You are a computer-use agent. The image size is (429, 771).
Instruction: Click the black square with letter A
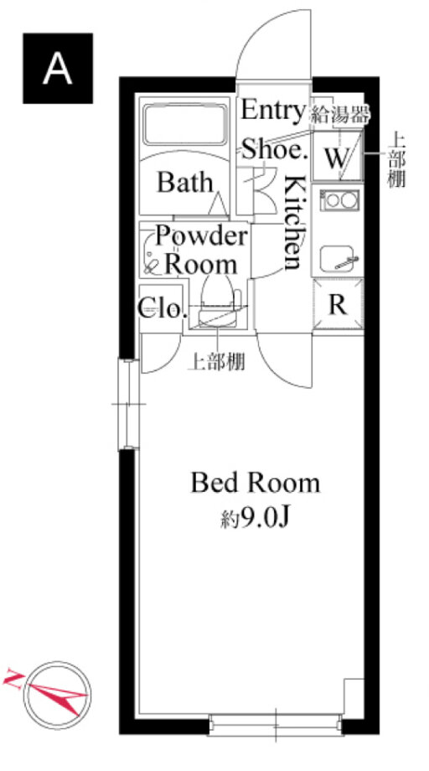[x=58, y=69]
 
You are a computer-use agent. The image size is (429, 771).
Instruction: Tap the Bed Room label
[x=255, y=483]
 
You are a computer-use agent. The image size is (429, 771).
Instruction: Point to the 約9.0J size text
[x=254, y=518]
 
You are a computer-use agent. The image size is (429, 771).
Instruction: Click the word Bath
[x=185, y=183]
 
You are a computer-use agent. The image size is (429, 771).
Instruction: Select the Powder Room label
[x=201, y=251]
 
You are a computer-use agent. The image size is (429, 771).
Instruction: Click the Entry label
[x=272, y=110]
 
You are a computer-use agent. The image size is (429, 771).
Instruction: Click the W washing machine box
[x=339, y=155]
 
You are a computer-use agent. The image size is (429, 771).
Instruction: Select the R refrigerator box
[x=339, y=304]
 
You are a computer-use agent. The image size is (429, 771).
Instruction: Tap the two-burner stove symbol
[x=339, y=200]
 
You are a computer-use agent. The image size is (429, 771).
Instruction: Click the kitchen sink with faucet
[x=339, y=258]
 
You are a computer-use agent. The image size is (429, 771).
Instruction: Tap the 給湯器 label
[x=339, y=115]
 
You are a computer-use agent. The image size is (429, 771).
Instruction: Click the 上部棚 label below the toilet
[x=217, y=362]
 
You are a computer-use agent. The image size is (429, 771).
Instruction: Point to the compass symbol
[x=57, y=696]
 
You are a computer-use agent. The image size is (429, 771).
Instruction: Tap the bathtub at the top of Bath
[x=185, y=125]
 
